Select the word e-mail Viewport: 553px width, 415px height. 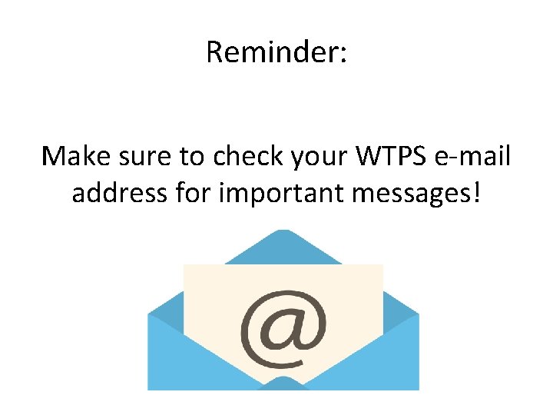[472, 156]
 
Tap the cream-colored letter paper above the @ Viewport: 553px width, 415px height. [283, 279]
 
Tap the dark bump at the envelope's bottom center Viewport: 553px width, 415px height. [283, 383]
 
